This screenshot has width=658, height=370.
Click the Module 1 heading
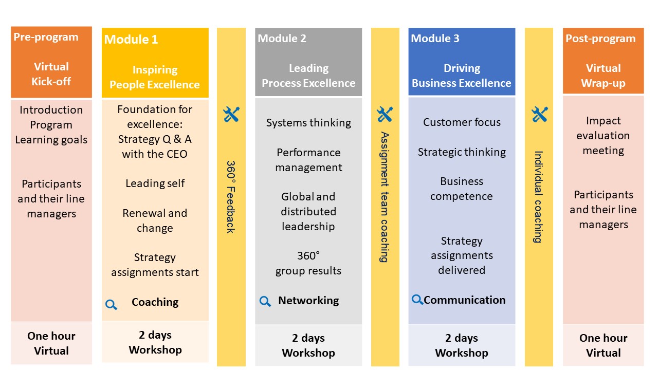[131, 40]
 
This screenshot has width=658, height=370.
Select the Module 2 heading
[282, 39]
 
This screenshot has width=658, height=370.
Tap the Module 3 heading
[435, 39]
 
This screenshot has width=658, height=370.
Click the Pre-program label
[46, 38]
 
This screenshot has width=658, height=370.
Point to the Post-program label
[600, 39]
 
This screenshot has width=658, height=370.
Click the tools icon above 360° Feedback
[231, 114]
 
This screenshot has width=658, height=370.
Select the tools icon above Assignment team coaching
[385, 114]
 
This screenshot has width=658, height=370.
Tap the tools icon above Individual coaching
[540, 114]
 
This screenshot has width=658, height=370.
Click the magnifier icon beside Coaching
[112, 305]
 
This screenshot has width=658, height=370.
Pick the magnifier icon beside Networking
[265, 301]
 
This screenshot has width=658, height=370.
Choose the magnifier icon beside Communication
[417, 300]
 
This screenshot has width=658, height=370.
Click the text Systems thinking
[308, 123]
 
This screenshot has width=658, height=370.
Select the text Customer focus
[462, 122]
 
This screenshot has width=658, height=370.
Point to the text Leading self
[155, 183]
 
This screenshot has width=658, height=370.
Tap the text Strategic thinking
[462, 152]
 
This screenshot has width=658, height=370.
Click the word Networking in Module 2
[308, 301]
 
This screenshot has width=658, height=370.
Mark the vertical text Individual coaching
[538, 197]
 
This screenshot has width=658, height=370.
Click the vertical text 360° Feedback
[231, 197]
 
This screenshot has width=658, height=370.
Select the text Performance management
[308, 160]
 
